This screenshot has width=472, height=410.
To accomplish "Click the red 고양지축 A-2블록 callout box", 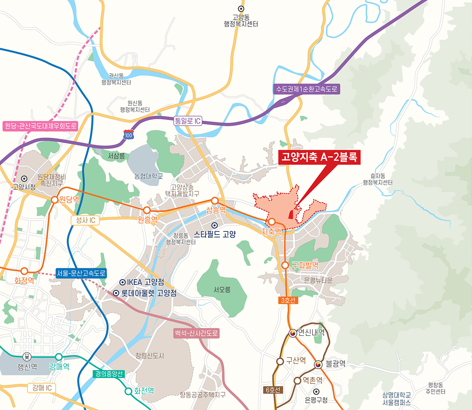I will coord(319,157).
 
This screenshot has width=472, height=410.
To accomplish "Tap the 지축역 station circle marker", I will coord(272,221).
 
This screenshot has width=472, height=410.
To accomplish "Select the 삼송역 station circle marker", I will coord(215,200).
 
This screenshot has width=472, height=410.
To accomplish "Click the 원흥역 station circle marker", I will coord(147,210).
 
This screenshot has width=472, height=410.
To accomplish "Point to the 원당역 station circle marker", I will coord(55,200).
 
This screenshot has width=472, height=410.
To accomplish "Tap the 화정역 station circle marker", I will coord(25,271).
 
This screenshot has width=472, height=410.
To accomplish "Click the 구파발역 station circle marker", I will coord(285,265).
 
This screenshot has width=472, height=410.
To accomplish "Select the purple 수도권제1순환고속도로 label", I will coord(307,89).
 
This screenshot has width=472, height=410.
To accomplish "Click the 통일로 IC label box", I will coord(188,121).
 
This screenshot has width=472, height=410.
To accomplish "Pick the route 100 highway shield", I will coord(129,135).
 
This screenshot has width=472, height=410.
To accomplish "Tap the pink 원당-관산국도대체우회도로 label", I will coord(40,126).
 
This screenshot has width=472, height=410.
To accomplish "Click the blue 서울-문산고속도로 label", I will coord(82,273).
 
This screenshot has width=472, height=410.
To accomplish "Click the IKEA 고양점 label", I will coord(142,282).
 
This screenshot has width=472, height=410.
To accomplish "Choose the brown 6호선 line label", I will coord(273,390).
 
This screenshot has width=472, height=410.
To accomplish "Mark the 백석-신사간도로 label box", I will coord(196,333).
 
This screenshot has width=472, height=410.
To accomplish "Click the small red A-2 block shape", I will coord(291,214).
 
